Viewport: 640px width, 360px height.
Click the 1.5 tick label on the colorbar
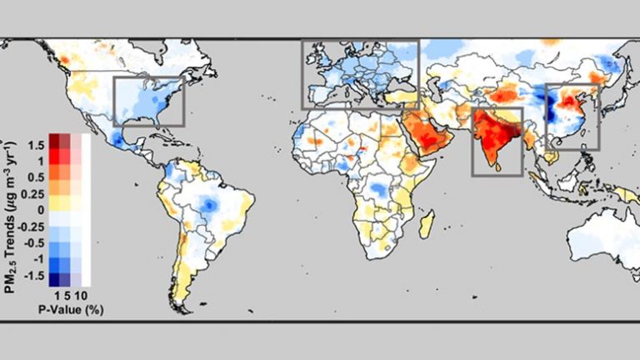coord(35,145)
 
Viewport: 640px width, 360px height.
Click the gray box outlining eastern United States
coord(148,101)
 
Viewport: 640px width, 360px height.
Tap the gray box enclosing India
coord(497,141)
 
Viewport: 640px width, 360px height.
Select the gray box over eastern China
coord(572,117)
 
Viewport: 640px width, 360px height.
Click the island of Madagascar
coord(426,223)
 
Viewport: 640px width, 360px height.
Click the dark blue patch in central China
coord(551,108)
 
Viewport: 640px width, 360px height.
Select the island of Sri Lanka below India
coord(501,166)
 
